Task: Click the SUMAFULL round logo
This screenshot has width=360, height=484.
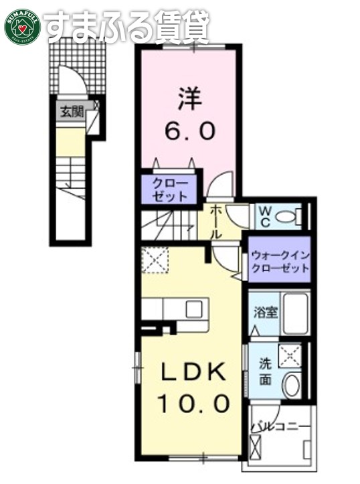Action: (x=23, y=25)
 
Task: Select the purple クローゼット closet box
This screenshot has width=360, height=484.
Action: (x=169, y=188)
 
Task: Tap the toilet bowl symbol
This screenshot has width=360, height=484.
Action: (x=288, y=216)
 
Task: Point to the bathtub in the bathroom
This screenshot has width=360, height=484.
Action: (x=292, y=313)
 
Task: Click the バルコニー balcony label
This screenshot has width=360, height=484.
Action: (x=280, y=425)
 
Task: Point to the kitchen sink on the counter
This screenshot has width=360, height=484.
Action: (x=194, y=309)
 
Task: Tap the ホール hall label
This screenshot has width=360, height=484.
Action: (x=217, y=223)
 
